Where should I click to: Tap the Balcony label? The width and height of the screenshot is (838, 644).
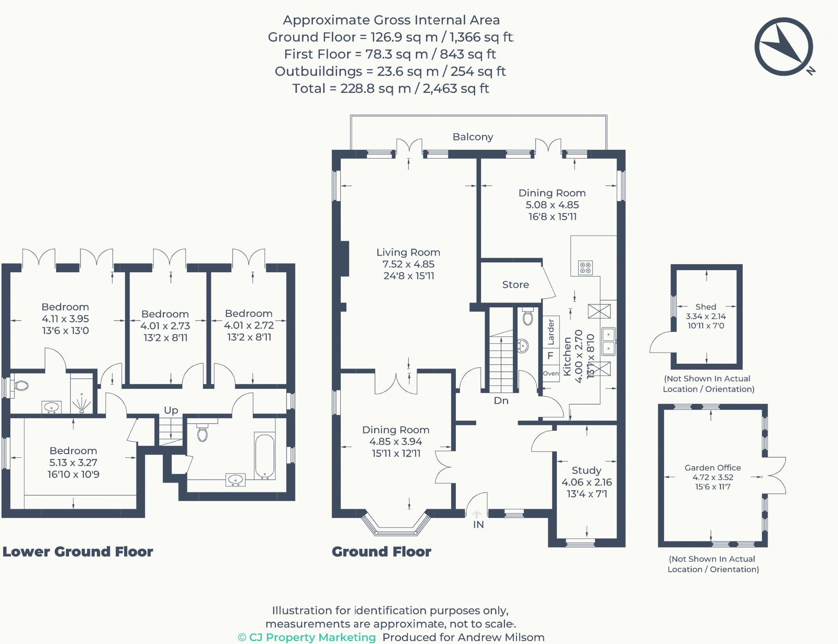tap(473, 137)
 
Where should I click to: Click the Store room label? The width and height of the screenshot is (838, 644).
tap(515, 284)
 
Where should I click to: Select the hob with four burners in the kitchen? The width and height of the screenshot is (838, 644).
tap(585, 268)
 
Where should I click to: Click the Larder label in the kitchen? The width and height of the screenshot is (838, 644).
tap(551, 331)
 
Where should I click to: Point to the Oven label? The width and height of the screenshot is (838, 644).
tap(551, 374)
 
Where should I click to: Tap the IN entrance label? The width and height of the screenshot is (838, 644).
tap(478, 525)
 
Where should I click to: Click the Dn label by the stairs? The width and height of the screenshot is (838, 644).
tap(501, 401)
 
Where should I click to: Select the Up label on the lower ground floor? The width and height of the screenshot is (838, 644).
tap(171, 410)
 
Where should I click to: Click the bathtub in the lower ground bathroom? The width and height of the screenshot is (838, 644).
tap(264, 456)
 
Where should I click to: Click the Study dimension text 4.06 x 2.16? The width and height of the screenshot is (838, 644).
tap(586, 482)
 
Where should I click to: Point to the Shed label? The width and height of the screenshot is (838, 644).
tap(705, 307)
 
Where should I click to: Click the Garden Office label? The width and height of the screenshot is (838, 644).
tap(712, 468)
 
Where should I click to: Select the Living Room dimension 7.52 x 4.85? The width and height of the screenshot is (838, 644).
tap(408, 264)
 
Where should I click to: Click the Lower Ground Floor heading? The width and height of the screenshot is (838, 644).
tap(78, 552)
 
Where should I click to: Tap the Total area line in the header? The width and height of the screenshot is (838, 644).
tap(390, 88)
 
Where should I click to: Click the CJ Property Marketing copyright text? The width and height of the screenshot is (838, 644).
tap(307, 637)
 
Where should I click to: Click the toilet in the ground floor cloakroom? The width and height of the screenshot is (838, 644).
tap(528, 317)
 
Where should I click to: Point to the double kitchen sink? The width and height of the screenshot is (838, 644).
tap(608, 341)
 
